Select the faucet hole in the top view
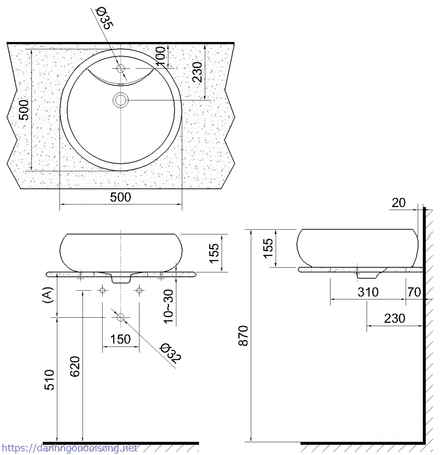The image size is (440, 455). click(x=121, y=69)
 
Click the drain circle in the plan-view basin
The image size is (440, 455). click(x=121, y=100)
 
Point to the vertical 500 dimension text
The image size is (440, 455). click(x=24, y=110)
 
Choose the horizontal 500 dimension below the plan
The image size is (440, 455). click(x=121, y=197)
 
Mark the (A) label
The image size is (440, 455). click(x=47, y=295)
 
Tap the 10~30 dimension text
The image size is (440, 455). click(x=169, y=306)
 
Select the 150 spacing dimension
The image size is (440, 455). click(x=121, y=339)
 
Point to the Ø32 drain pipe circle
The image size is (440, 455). click(x=121, y=318)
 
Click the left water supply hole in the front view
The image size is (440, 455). click(x=102, y=290)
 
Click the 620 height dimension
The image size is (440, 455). click(x=75, y=366)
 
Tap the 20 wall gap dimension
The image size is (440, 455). click(x=398, y=203)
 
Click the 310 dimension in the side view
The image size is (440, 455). click(x=368, y=292)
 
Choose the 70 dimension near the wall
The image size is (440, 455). click(x=414, y=292)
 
